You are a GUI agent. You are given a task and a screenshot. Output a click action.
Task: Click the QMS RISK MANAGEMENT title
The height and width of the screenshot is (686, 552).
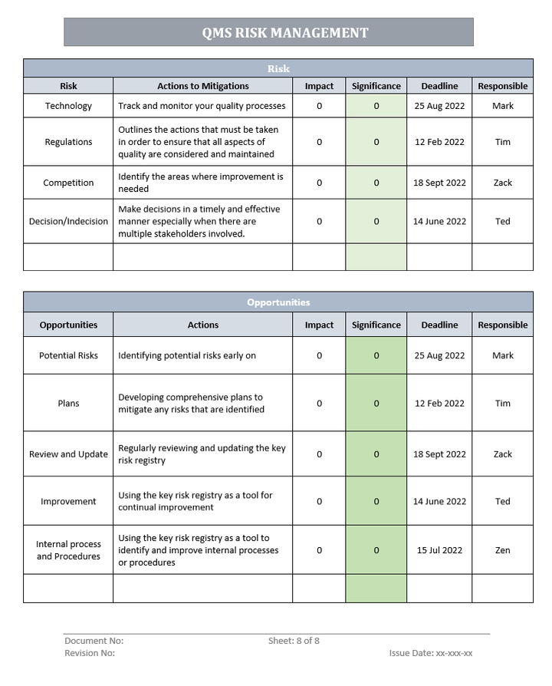coord(285,33)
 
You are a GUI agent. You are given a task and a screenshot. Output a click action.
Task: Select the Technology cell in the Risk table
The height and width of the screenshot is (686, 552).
coord(68,106)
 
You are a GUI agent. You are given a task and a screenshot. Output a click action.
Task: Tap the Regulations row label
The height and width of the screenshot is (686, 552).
coord(68,142)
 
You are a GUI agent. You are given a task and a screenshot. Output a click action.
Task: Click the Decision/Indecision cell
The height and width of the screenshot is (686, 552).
coord(68,222)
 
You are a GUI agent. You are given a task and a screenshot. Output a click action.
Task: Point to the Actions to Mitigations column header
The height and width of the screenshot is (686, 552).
coord(202,87)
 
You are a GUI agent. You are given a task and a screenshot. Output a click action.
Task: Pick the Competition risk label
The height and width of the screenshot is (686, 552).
coord(68,183)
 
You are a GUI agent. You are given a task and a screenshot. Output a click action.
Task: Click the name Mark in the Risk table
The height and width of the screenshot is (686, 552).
coord(503,106)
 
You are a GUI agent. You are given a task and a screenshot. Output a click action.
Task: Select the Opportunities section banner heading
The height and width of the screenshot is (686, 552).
coord(278,302)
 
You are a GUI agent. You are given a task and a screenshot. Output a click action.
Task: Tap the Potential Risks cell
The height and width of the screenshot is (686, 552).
coord(68,356)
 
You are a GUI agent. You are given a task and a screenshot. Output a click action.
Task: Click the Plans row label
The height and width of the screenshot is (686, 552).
coord(68,404)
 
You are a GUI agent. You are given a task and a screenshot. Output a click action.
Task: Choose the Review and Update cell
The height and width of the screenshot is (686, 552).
coord(68,454)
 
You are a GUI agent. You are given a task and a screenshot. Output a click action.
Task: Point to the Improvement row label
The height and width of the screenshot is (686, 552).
coord(68,502)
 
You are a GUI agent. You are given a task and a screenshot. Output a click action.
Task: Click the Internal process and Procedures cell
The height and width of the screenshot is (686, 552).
coord(68,550)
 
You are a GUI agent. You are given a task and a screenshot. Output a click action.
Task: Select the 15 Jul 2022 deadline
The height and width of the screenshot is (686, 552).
coord(439,550)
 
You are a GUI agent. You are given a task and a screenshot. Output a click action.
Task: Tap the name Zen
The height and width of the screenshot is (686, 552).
coord(503,550)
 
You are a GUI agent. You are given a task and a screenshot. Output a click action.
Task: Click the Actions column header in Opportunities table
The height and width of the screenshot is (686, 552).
coord(202,325)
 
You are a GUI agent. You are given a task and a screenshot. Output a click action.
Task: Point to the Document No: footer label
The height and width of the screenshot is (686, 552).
coord(94,641)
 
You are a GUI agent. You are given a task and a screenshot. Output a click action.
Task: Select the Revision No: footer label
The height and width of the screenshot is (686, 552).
coord(90,653)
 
